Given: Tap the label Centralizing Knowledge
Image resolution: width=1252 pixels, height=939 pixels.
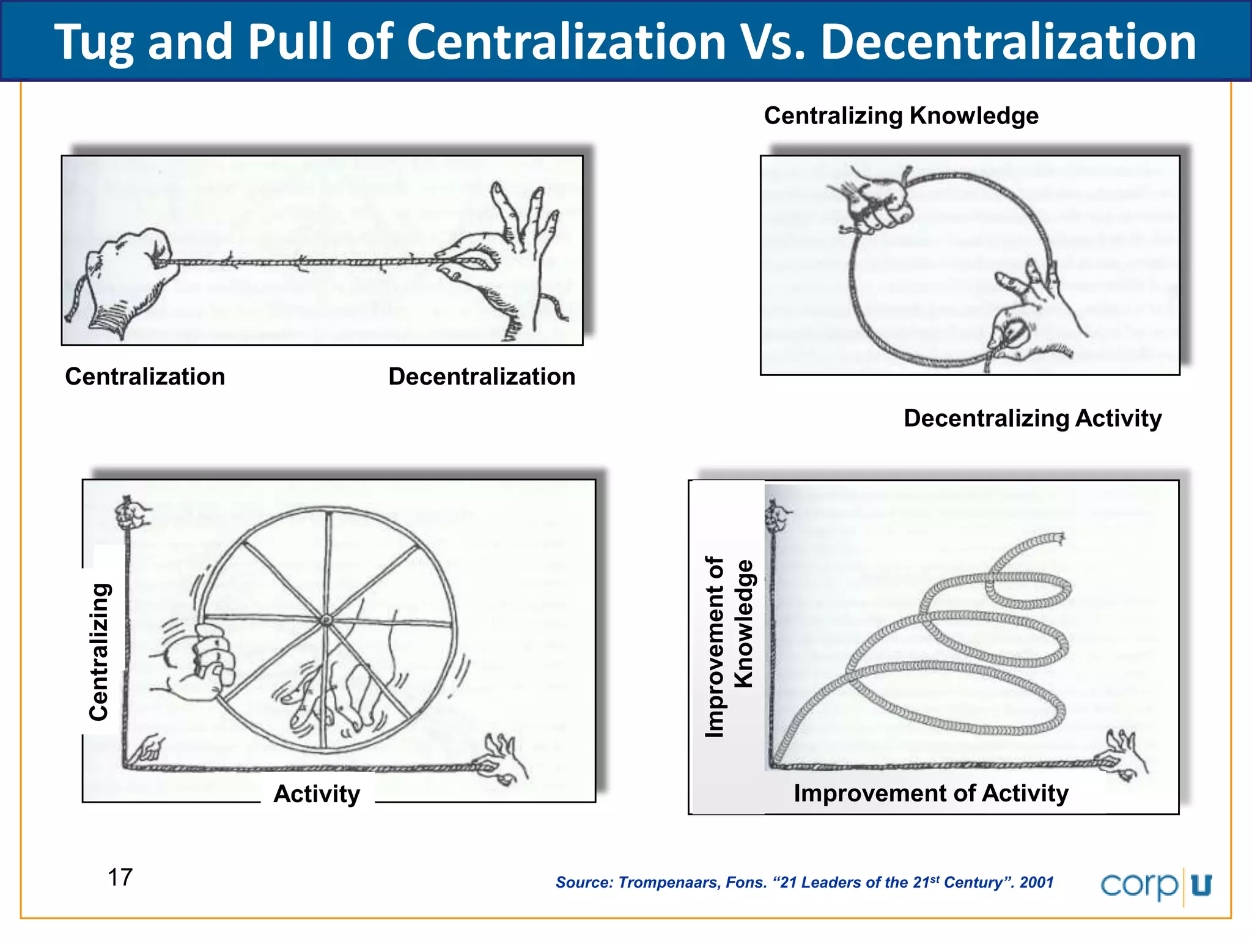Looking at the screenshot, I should tap(901, 116).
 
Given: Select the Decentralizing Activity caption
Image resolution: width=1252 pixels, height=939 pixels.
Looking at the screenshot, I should tap(1033, 418).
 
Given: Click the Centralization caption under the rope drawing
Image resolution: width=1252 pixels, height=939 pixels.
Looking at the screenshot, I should tap(145, 377).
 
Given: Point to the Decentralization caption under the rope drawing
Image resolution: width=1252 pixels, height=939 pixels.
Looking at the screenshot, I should tap(482, 377).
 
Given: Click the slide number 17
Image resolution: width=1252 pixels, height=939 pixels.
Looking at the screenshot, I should tap(120, 877).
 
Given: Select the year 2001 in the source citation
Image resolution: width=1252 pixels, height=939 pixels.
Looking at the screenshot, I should tap(1036, 882).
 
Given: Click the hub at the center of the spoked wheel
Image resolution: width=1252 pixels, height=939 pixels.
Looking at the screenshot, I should tap(326, 620).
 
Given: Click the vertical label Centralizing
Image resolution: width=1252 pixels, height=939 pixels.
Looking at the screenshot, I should tap(99, 652).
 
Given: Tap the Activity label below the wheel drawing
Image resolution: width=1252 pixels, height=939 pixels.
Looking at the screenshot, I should tap(317, 794).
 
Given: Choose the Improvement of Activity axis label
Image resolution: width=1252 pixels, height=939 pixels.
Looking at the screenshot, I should tap(931, 793).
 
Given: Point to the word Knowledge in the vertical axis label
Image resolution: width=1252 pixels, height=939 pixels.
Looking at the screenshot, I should tap(743, 624).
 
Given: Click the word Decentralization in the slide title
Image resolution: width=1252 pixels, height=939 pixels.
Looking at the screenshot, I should tap(1008, 43).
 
